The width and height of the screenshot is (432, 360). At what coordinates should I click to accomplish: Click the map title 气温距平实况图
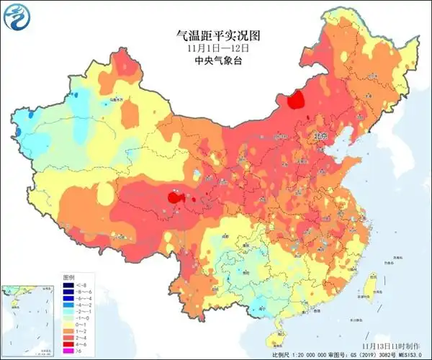point(216,35)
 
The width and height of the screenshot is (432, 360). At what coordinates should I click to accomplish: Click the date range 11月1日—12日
point(216,48)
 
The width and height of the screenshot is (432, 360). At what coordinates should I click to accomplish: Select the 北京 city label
point(319,135)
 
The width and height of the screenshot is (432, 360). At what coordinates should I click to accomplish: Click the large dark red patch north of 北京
point(295,102)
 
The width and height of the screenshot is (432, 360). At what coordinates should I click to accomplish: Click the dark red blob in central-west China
point(174,197)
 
